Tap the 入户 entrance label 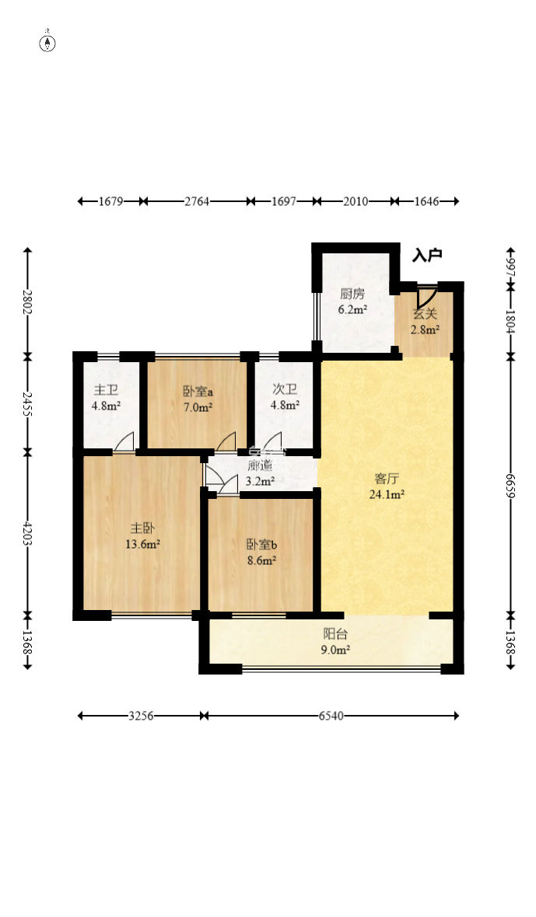(x=426, y=255)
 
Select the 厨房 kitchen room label (x=352, y=295)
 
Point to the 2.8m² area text (x=425, y=329)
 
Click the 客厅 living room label (x=386, y=479)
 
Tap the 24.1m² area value (x=386, y=494)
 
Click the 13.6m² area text (x=143, y=544)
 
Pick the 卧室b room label (x=261, y=545)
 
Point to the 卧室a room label (x=197, y=391)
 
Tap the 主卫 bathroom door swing (x=124, y=441)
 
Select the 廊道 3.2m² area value (x=261, y=481)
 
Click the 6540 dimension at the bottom (x=331, y=715)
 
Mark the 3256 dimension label (x=141, y=715)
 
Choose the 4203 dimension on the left (x=27, y=533)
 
